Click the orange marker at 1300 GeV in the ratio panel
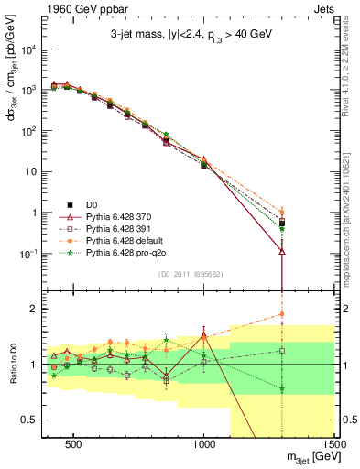pos(282,314)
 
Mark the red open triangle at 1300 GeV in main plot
pos(282,251)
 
